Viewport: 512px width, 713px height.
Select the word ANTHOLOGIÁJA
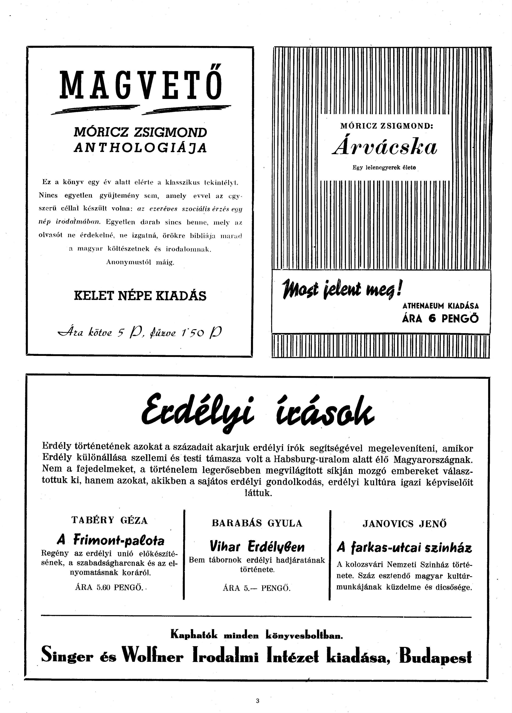click(x=140, y=148)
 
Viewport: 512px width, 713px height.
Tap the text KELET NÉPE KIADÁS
click(x=140, y=296)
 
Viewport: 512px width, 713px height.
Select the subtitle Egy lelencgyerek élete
click(x=384, y=168)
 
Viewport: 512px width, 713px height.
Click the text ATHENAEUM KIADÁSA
click(x=440, y=306)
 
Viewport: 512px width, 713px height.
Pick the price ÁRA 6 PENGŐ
click(x=440, y=319)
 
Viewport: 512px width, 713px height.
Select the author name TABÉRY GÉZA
click(x=109, y=520)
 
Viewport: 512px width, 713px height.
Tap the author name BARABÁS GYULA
click(x=257, y=523)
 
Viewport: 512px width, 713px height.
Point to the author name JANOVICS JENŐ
click(x=405, y=524)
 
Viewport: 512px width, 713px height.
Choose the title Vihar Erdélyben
click(x=257, y=546)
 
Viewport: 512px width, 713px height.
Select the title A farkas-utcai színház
click(x=405, y=548)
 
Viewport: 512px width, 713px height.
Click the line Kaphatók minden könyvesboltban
click(x=257, y=635)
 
